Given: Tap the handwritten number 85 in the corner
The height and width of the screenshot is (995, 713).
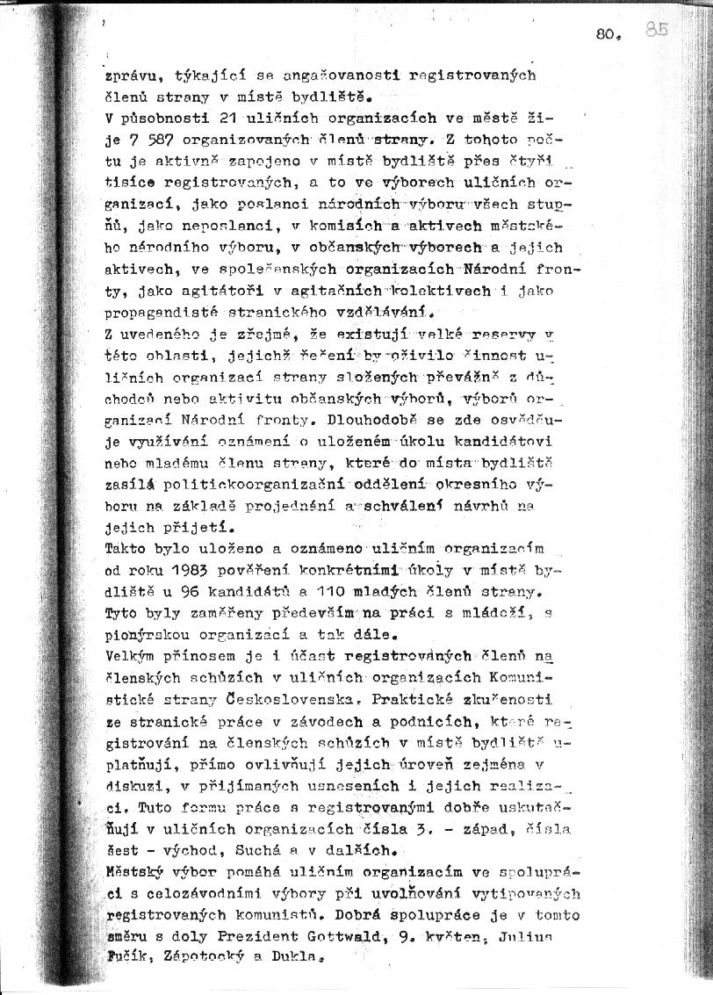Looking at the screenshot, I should [x=656, y=30].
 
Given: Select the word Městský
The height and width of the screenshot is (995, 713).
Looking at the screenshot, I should [x=133, y=871].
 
